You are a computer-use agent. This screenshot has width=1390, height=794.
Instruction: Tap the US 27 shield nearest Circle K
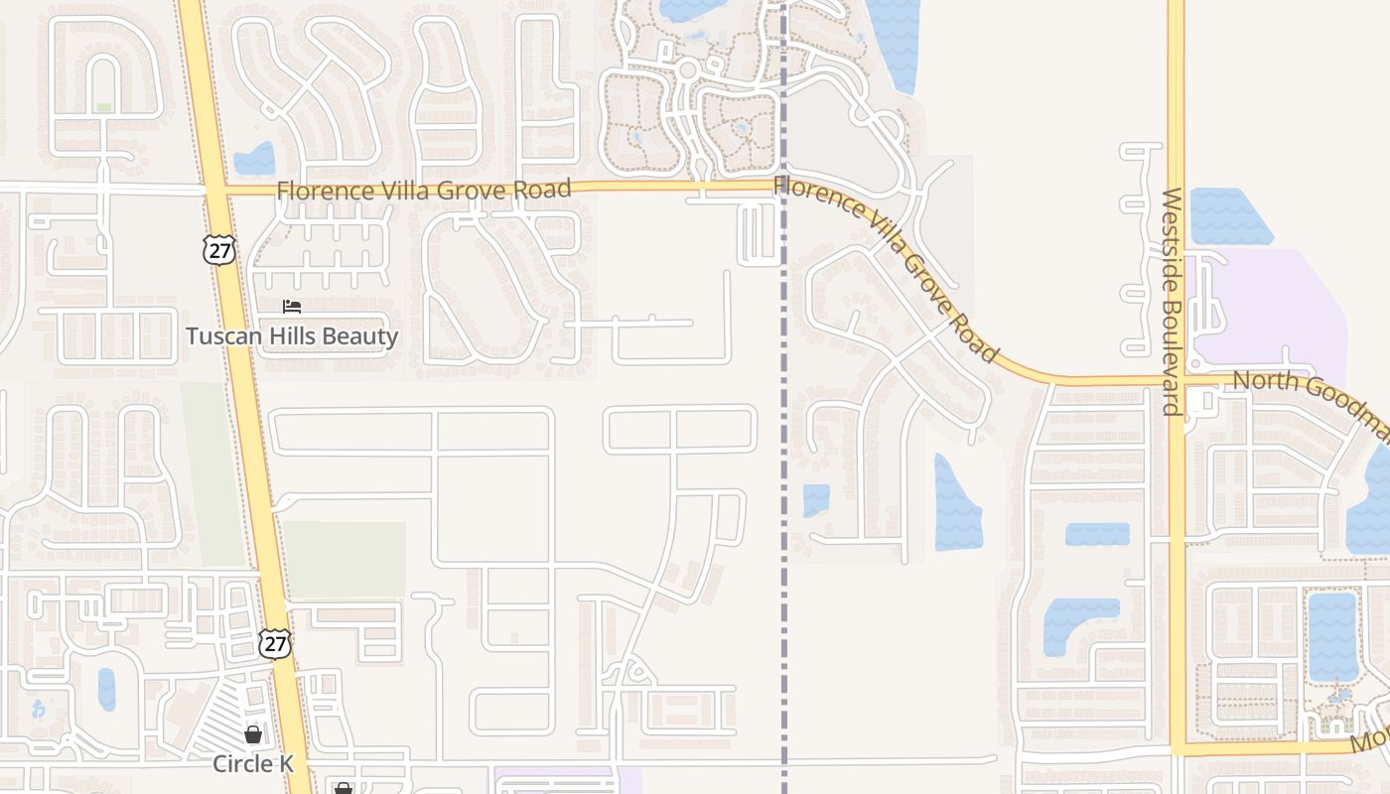pos(275,643)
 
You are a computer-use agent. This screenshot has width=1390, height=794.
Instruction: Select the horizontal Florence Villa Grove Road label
pos(424,190)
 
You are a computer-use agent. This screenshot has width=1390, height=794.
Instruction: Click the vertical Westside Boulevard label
pos(1172,302)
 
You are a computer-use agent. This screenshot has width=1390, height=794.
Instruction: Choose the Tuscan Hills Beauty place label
pos(292,336)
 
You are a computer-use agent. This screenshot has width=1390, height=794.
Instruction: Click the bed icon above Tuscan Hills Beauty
pos(292,307)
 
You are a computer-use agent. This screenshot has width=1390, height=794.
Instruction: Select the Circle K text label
pos(254,764)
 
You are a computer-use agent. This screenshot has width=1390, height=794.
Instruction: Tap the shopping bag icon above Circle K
pos(253,734)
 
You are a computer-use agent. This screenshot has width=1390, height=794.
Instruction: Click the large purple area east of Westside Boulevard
pos(1281,308)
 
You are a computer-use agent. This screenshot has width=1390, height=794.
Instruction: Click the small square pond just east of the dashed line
pos(816,500)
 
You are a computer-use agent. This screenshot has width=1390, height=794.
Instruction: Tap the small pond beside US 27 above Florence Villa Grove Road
pos(256,159)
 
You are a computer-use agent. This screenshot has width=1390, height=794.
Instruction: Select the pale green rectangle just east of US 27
pos(346,559)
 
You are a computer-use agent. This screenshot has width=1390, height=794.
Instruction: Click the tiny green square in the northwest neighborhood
pos(103,107)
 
